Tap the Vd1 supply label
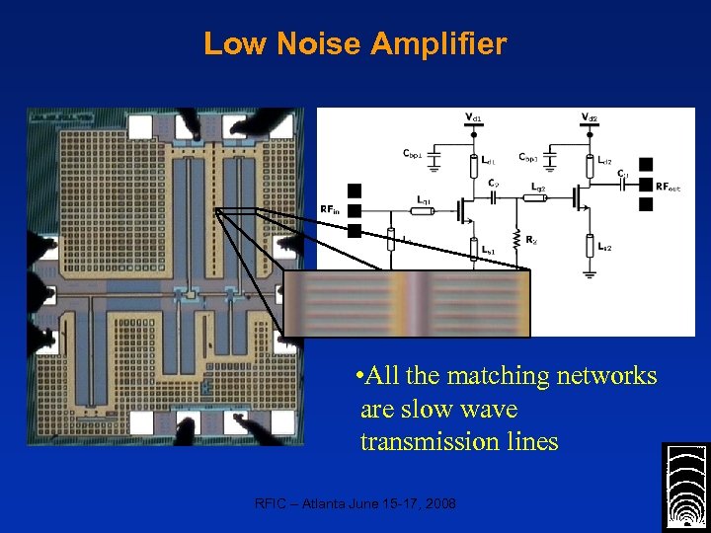point(475,117)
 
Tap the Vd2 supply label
point(590,117)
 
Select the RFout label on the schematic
point(669,186)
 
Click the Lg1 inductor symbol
point(424,211)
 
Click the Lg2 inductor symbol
point(537,196)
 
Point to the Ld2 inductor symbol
point(590,159)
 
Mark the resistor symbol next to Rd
point(514,238)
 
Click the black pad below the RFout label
point(647,204)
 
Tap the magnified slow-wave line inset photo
point(407,304)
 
